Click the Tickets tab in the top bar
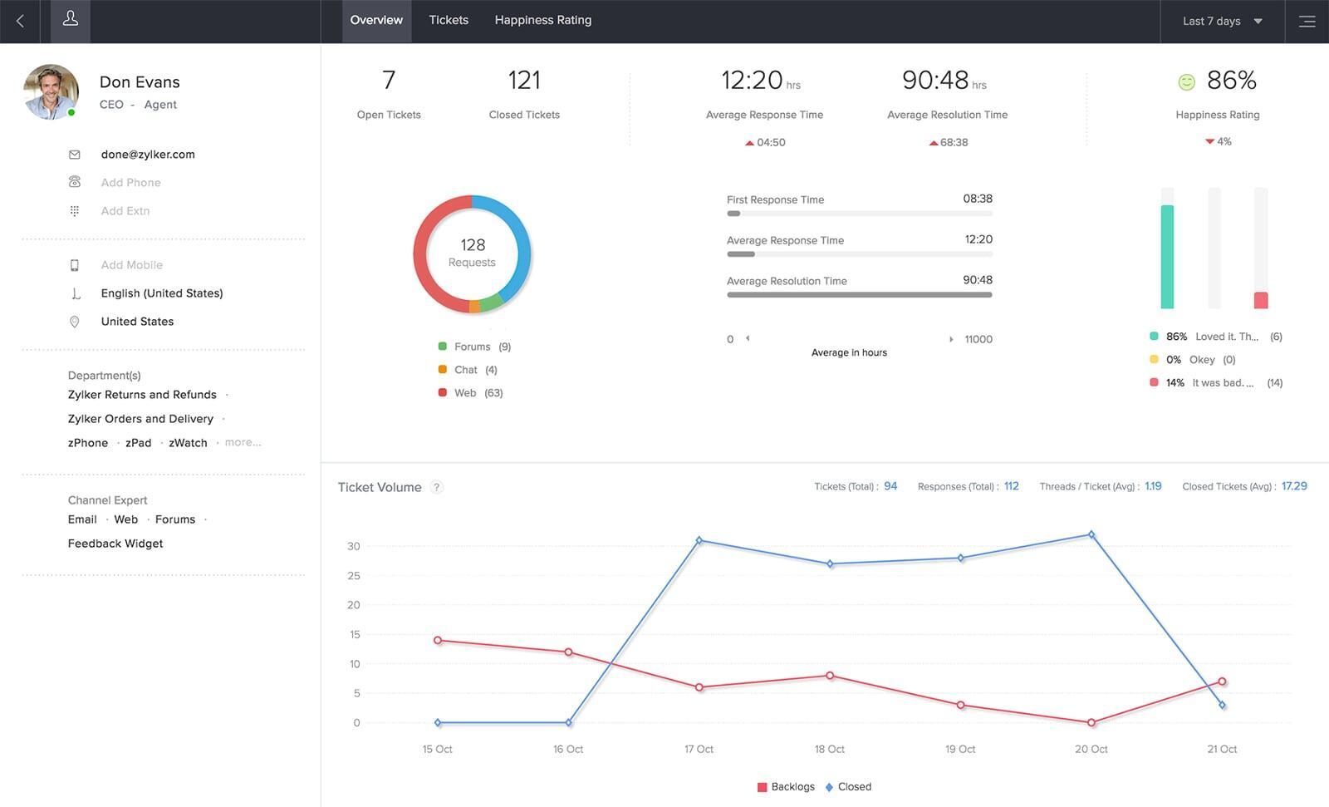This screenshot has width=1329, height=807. click(x=449, y=20)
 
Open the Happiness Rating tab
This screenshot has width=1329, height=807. click(x=542, y=20)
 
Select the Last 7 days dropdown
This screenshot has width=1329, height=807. click(x=1221, y=21)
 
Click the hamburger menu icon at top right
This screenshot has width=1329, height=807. click(x=1307, y=22)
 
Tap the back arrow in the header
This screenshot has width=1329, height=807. click(x=21, y=21)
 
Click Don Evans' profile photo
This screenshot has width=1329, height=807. click(x=51, y=91)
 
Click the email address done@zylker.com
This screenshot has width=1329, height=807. click(x=148, y=154)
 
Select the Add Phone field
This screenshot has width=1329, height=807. click(x=130, y=182)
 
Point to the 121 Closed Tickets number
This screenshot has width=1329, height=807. click(x=524, y=81)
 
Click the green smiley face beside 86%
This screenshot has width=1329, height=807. click(x=1186, y=81)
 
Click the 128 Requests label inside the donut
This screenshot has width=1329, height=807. click(x=472, y=253)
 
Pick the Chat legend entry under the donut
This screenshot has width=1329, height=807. click(x=466, y=370)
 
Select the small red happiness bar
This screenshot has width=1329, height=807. click(x=1261, y=300)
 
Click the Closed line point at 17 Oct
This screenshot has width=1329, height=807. click(x=699, y=540)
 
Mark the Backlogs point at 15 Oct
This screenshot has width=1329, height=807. click(x=438, y=640)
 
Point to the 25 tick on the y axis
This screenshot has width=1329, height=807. click(x=354, y=575)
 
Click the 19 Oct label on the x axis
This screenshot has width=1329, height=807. click(x=960, y=749)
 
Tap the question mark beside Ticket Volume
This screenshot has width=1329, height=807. click(x=437, y=487)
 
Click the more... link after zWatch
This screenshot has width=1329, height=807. click(x=243, y=442)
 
